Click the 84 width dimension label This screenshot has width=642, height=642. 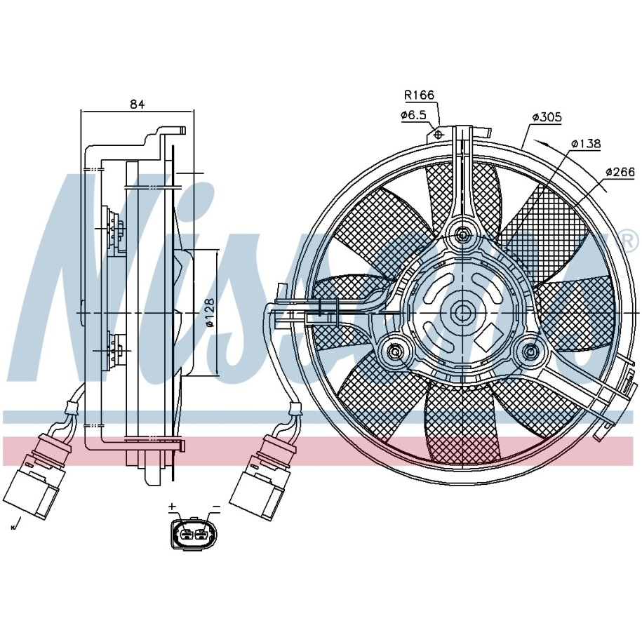pos(138,104)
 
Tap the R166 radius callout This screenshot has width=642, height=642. pos(419,95)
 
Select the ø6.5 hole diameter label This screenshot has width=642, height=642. pos(413,115)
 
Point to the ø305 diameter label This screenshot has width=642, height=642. pos(547,117)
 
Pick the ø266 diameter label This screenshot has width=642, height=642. pos(620,172)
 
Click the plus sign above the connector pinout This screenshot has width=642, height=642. pos(173,507)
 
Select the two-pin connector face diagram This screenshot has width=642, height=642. pos(194,533)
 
